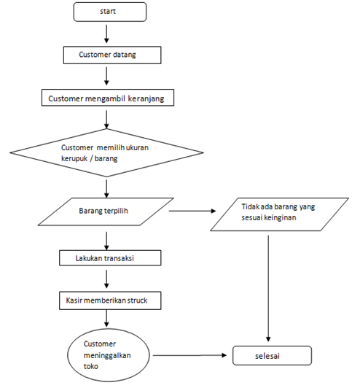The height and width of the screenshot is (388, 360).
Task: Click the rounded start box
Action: (x=110, y=12)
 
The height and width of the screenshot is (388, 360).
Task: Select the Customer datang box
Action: (x=110, y=55)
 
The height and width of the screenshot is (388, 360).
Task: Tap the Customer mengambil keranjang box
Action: (x=110, y=98)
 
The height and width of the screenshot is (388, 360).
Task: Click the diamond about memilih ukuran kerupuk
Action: (x=107, y=152)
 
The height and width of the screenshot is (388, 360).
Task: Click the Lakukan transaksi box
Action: (x=109, y=257)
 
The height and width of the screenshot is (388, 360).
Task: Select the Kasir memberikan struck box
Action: (x=109, y=300)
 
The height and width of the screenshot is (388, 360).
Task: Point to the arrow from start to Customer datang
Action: (x=107, y=33)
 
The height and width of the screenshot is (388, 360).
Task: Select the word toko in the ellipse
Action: (x=93, y=367)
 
